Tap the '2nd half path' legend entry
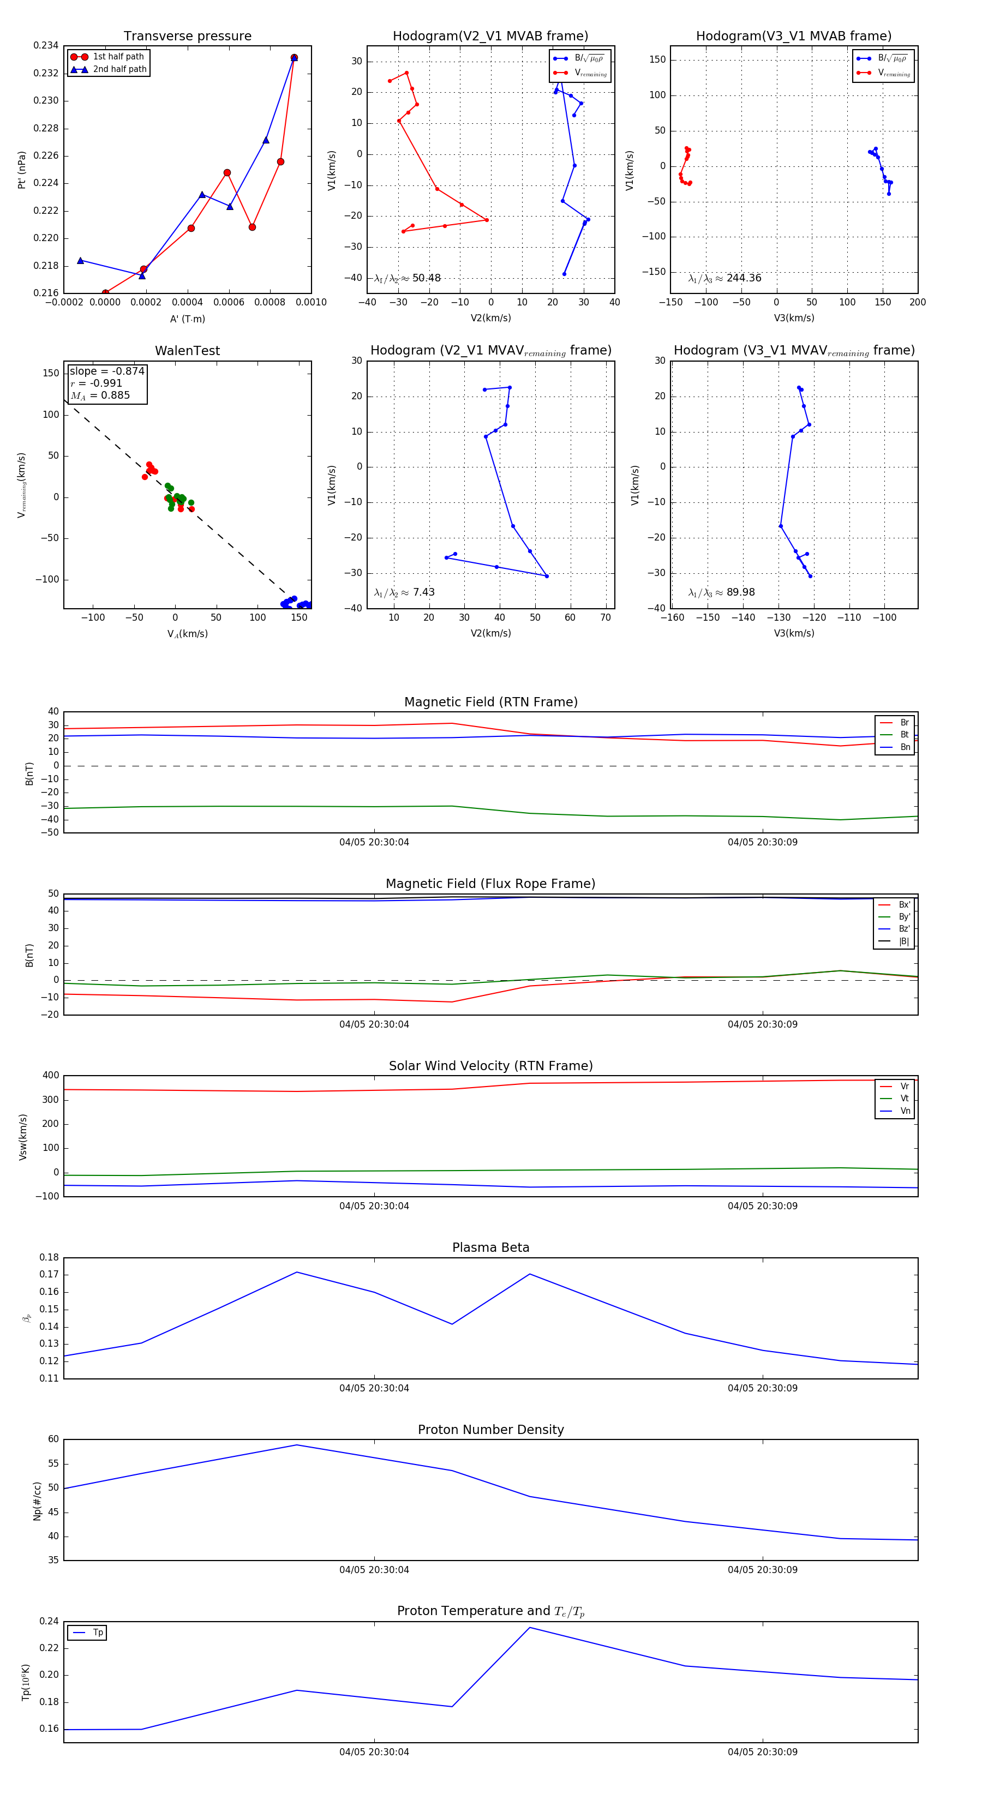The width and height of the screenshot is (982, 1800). tap(119, 69)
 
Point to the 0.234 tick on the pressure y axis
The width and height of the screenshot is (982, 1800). tap(46, 45)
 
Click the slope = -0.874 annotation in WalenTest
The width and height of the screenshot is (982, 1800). tap(107, 371)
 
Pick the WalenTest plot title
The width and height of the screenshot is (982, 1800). tap(187, 351)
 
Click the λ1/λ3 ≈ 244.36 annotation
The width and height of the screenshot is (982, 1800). tap(725, 278)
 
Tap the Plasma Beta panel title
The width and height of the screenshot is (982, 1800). tap(490, 1248)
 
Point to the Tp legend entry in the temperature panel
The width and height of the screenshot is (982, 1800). tap(97, 1633)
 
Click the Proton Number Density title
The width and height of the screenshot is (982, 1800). tap(490, 1430)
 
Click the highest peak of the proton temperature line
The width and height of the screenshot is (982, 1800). tap(530, 1628)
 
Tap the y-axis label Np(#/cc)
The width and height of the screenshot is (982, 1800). tap(37, 1501)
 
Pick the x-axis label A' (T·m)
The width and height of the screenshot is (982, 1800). tap(187, 319)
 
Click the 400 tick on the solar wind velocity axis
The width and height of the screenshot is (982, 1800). tap(50, 1076)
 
